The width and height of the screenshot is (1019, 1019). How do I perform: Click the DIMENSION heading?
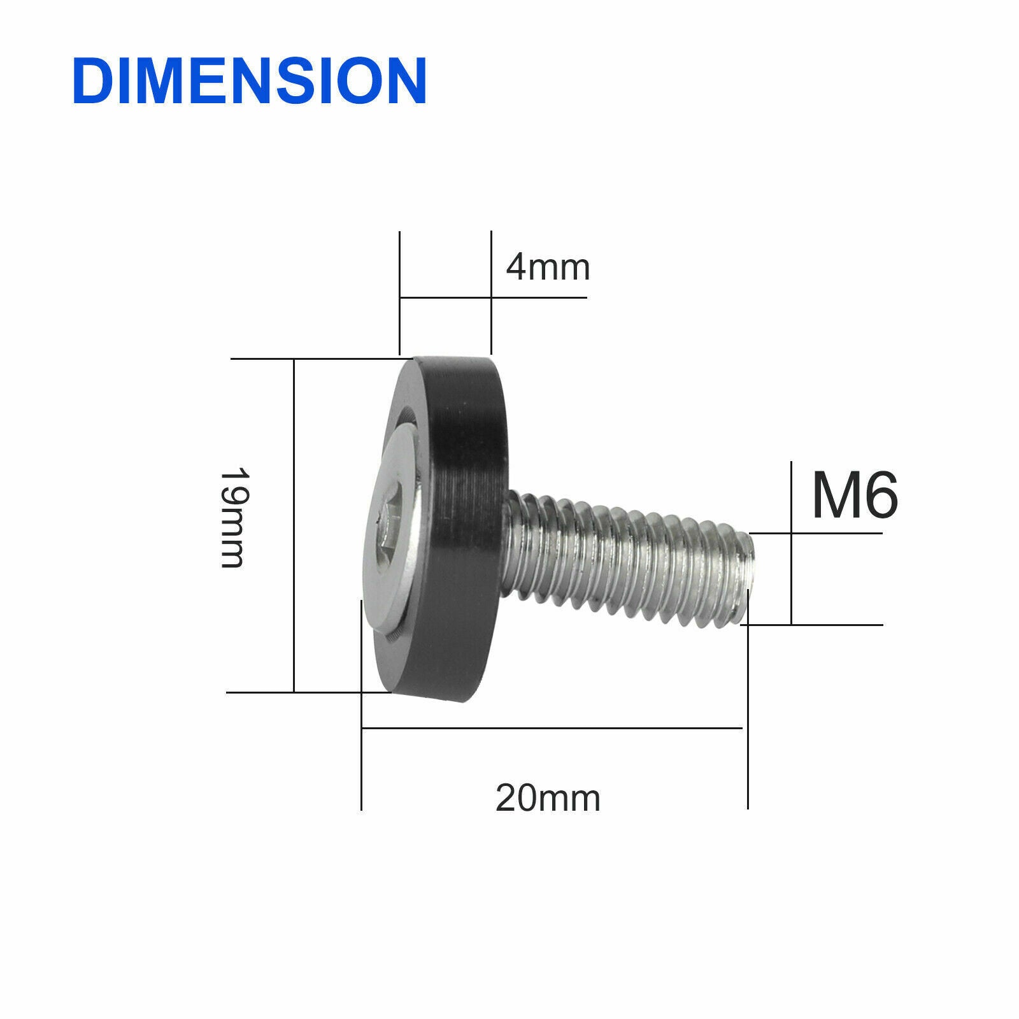point(250,80)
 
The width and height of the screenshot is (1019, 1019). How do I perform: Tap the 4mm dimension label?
point(548,268)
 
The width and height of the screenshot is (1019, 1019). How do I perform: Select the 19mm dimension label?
point(232,518)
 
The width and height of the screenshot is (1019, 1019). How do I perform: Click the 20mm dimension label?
point(548,797)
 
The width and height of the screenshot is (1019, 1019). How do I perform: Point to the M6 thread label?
point(855,496)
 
